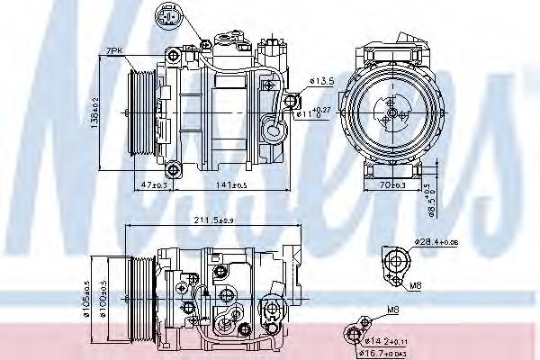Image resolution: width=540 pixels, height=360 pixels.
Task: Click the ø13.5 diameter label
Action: [x=321, y=81]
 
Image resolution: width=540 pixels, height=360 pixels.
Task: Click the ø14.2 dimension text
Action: [x=387, y=341]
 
